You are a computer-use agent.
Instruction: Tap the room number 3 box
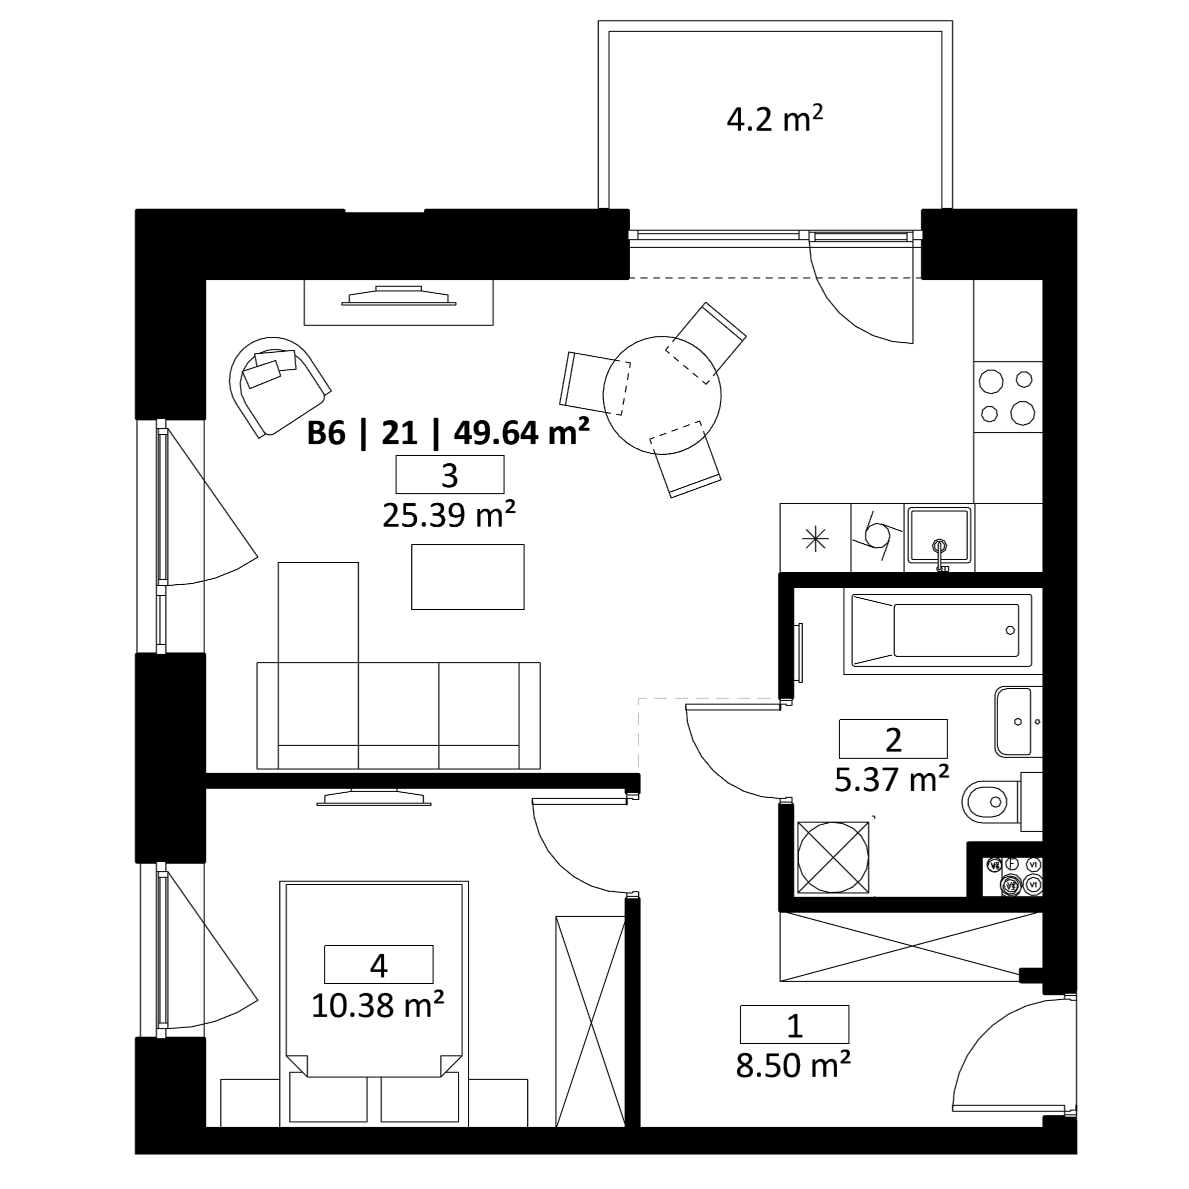[x=450, y=474]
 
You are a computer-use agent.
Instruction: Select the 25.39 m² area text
[x=449, y=515]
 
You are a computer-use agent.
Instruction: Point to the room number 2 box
[x=893, y=739]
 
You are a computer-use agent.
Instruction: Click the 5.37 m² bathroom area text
[x=892, y=779]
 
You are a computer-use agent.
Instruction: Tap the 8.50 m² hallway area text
[x=794, y=1065]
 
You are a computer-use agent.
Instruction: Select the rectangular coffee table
[x=468, y=577]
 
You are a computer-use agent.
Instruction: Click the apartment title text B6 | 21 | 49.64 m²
[x=448, y=433]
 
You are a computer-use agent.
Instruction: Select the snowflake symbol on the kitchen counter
[x=816, y=539]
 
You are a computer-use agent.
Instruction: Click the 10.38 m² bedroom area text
[x=377, y=1005]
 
